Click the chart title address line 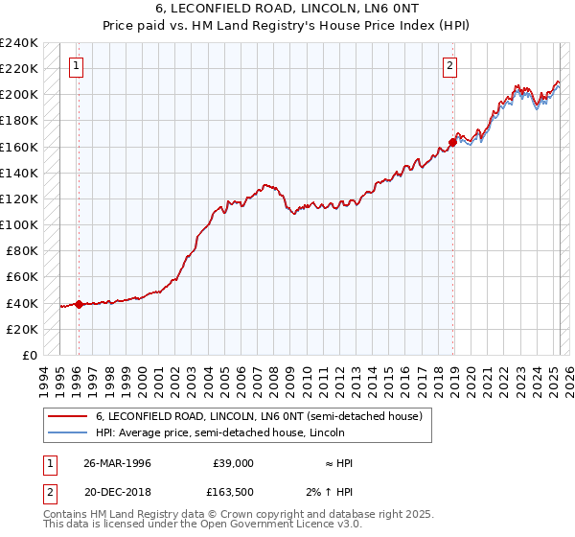pos(287,8)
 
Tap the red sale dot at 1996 pos(79,304)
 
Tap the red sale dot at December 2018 pos(453,142)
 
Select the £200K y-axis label pos(19,94)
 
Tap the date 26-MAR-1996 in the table pos(117,463)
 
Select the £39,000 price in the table pos(233,463)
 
